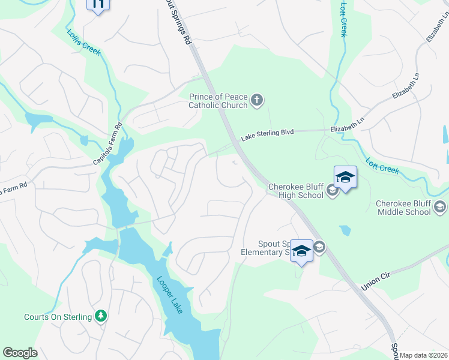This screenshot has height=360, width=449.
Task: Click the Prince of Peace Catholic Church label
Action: pyautogui.click(x=218, y=101)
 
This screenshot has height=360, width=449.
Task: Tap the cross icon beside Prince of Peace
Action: pyautogui.click(x=257, y=100)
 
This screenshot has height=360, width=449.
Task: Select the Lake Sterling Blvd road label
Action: pyautogui.click(x=267, y=134)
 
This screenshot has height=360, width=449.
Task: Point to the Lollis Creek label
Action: pyautogui.click(x=84, y=43)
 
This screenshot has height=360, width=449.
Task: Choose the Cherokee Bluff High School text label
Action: pyautogui.click(x=296, y=191)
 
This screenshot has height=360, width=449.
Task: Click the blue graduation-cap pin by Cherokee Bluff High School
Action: pyautogui.click(x=345, y=178)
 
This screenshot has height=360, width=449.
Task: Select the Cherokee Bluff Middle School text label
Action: pyautogui.click(x=403, y=208)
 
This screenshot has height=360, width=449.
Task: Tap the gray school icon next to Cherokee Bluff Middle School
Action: pyautogui.click(x=440, y=207)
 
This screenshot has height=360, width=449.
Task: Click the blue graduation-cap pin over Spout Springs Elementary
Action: pyautogui.click(x=301, y=251)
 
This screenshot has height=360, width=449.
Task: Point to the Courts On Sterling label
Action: pyautogui.click(x=58, y=317)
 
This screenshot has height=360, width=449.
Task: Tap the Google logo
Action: pyautogui.click(x=20, y=353)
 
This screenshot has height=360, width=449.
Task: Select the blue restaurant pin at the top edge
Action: pyautogui.click(x=98, y=4)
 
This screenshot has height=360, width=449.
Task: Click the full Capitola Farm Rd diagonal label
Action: pyautogui.click(x=107, y=144)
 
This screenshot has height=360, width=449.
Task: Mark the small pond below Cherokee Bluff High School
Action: pyautogui.click(x=345, y=230)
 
